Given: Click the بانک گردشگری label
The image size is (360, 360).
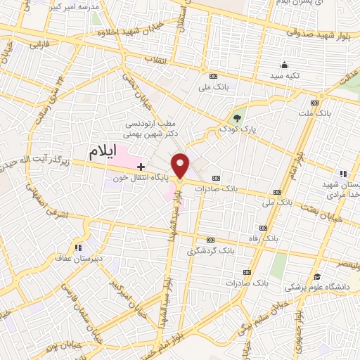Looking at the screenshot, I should (210, 250).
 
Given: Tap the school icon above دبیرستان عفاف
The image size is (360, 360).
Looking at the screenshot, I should (78, 247).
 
